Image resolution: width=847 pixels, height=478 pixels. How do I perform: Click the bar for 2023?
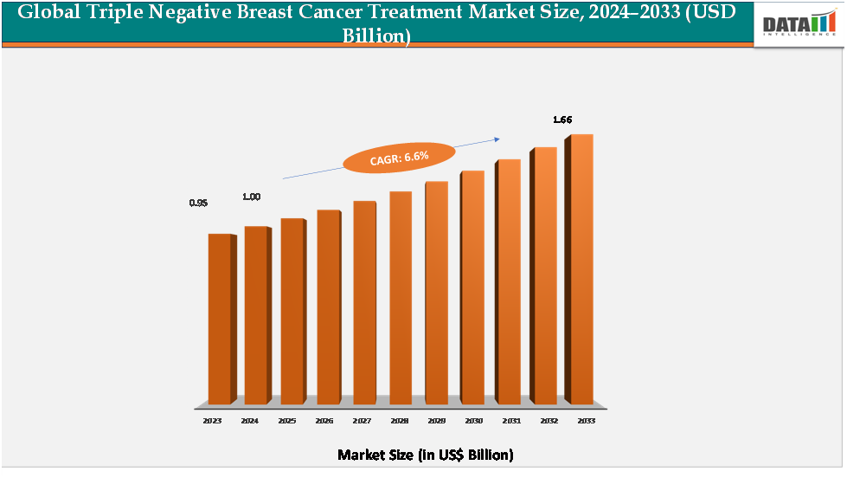coord(219,318)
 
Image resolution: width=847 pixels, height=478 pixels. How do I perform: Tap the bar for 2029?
coord(436,292)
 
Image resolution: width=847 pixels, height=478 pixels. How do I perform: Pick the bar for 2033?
coord(580,268)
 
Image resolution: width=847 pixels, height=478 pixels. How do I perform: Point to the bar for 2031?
coord(508,281)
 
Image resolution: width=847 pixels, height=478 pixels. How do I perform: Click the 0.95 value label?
coord(198,203)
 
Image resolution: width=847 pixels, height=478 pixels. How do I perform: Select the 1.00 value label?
coord(251,197)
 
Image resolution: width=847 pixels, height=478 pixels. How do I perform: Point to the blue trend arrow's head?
coord(497,138)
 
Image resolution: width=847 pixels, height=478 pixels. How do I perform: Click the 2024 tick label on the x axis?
coord(249,420)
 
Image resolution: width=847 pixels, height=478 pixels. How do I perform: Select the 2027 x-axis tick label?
coord(361,420)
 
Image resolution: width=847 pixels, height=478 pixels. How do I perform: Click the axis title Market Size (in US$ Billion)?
coord(425,455)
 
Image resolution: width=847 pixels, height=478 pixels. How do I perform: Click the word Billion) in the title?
coord(375,36)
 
